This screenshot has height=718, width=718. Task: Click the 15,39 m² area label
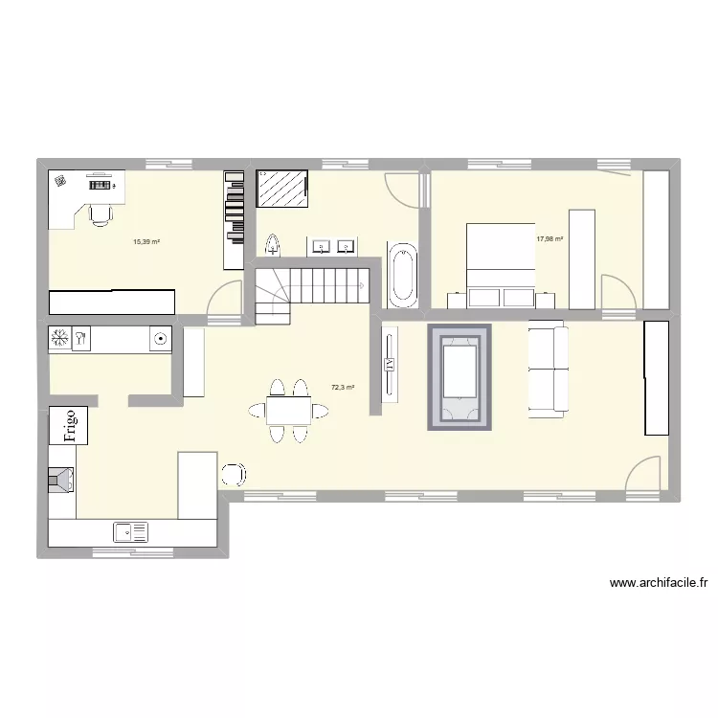coord(146,242)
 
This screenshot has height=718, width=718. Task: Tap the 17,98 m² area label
coord(550,239)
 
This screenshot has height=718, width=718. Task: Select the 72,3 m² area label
coord(343,388)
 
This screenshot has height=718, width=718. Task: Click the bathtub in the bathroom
coord(402,275)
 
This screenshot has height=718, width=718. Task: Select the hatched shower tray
coord(281,189)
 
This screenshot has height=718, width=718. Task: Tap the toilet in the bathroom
coord(274,245)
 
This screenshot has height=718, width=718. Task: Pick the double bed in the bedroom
coord(500,263)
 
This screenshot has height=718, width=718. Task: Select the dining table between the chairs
coord(288,411)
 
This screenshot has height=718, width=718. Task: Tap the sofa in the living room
coord(548,370)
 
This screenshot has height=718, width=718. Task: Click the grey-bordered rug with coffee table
coord(459,376)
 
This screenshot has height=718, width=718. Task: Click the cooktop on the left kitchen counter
coord(62,479)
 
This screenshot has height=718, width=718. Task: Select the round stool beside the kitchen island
coord(233,474)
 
